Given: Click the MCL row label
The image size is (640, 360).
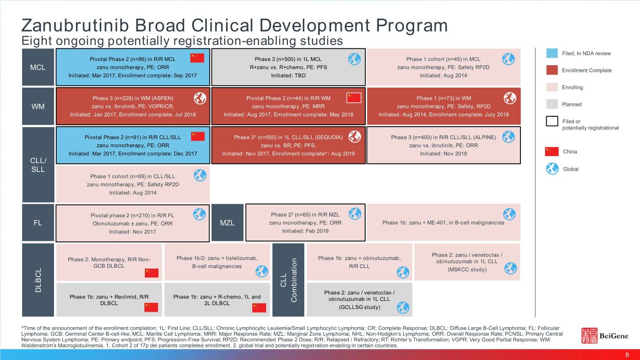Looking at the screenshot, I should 38,67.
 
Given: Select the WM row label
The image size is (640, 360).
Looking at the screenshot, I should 38,106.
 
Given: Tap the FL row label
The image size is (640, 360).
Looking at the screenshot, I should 38,223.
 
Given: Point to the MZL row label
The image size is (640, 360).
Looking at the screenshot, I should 227,223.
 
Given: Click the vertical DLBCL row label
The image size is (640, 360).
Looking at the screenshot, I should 38,280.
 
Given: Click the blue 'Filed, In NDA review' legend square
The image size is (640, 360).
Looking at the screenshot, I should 552,53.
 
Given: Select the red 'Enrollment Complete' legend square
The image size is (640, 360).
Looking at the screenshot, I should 552,70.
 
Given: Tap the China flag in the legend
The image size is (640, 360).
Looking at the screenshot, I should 552,151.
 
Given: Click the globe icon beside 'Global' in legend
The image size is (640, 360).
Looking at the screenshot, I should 552,169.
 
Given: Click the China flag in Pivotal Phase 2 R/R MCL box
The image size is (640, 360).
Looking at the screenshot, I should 197,58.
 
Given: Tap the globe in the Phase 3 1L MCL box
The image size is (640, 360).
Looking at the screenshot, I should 354,59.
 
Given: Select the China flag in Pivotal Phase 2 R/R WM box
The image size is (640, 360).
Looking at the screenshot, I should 354,98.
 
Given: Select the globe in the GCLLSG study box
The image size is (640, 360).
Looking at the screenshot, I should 402,307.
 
